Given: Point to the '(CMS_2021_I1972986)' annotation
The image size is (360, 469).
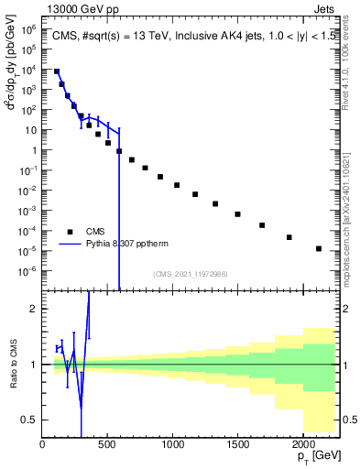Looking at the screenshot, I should pyautogui.click(x=191, y=274).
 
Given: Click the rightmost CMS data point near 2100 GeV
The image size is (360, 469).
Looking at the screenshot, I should pyautogui.click(x=318, y=248).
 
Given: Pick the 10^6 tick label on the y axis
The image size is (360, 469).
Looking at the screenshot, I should pyautogui.click(x=27, y=28).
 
